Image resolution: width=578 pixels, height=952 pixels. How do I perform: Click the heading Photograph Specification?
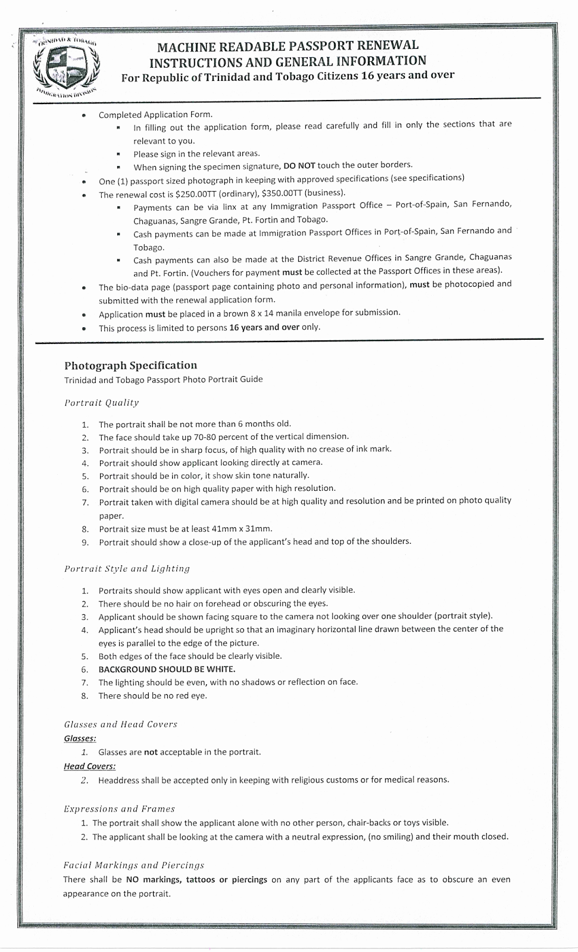(x=130, y=365)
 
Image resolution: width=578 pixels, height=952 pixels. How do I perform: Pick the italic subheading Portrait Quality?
(x=101, y=403)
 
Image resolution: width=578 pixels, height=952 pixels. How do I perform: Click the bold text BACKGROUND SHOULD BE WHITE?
(x=167, y=669)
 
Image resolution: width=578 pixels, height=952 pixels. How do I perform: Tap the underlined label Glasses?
(x=80, y=738)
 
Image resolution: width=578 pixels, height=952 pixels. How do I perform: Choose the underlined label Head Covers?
(x=89, y=766)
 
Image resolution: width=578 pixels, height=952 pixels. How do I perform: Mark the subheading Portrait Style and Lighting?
(x=127, y=569)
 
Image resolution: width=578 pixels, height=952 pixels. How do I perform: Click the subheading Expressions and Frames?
(x=119, y=809)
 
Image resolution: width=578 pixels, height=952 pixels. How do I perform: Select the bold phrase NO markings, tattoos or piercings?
(x=196, y=879)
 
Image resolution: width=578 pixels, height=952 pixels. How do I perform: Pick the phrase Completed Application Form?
(x=155, y=114)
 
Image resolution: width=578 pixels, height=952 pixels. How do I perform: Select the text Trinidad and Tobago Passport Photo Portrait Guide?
(x=163, y=380)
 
